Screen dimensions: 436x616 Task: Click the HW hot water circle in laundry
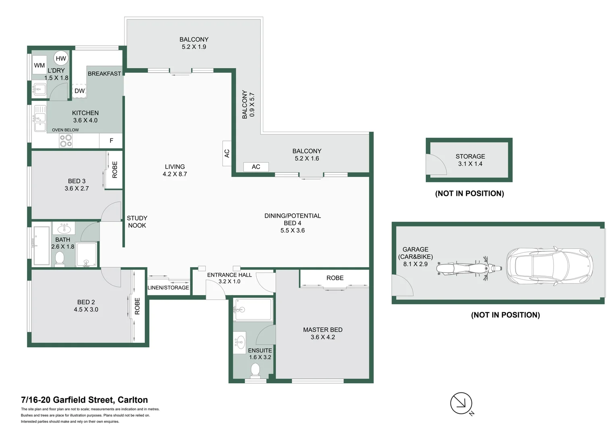[61, 59]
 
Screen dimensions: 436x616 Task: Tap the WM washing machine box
[40, 65]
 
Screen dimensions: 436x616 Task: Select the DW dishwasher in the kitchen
[79, 91]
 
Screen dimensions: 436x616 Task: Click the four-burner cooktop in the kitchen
[66, 141]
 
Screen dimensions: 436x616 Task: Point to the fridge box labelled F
[111, 141]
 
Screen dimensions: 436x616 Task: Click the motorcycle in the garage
[469, 268]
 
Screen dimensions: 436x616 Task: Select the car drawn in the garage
[549, 266]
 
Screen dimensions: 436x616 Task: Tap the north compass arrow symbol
[461, 403]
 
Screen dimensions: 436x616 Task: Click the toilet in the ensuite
[255, 371]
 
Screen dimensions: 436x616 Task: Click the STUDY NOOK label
[137, 222]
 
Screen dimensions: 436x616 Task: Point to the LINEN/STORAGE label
[168, 288]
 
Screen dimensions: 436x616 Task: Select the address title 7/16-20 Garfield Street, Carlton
[85, 400]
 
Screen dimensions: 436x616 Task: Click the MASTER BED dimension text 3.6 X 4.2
[323, 337]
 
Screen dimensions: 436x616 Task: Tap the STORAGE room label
[470, 156]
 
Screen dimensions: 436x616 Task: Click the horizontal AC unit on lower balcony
[256, 167]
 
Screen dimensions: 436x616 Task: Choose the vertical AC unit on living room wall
[227, 153]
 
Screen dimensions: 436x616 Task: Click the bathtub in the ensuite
[253, 309]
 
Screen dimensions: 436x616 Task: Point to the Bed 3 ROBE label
[114, 170]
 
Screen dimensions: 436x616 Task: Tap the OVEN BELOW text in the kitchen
[65, 130]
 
